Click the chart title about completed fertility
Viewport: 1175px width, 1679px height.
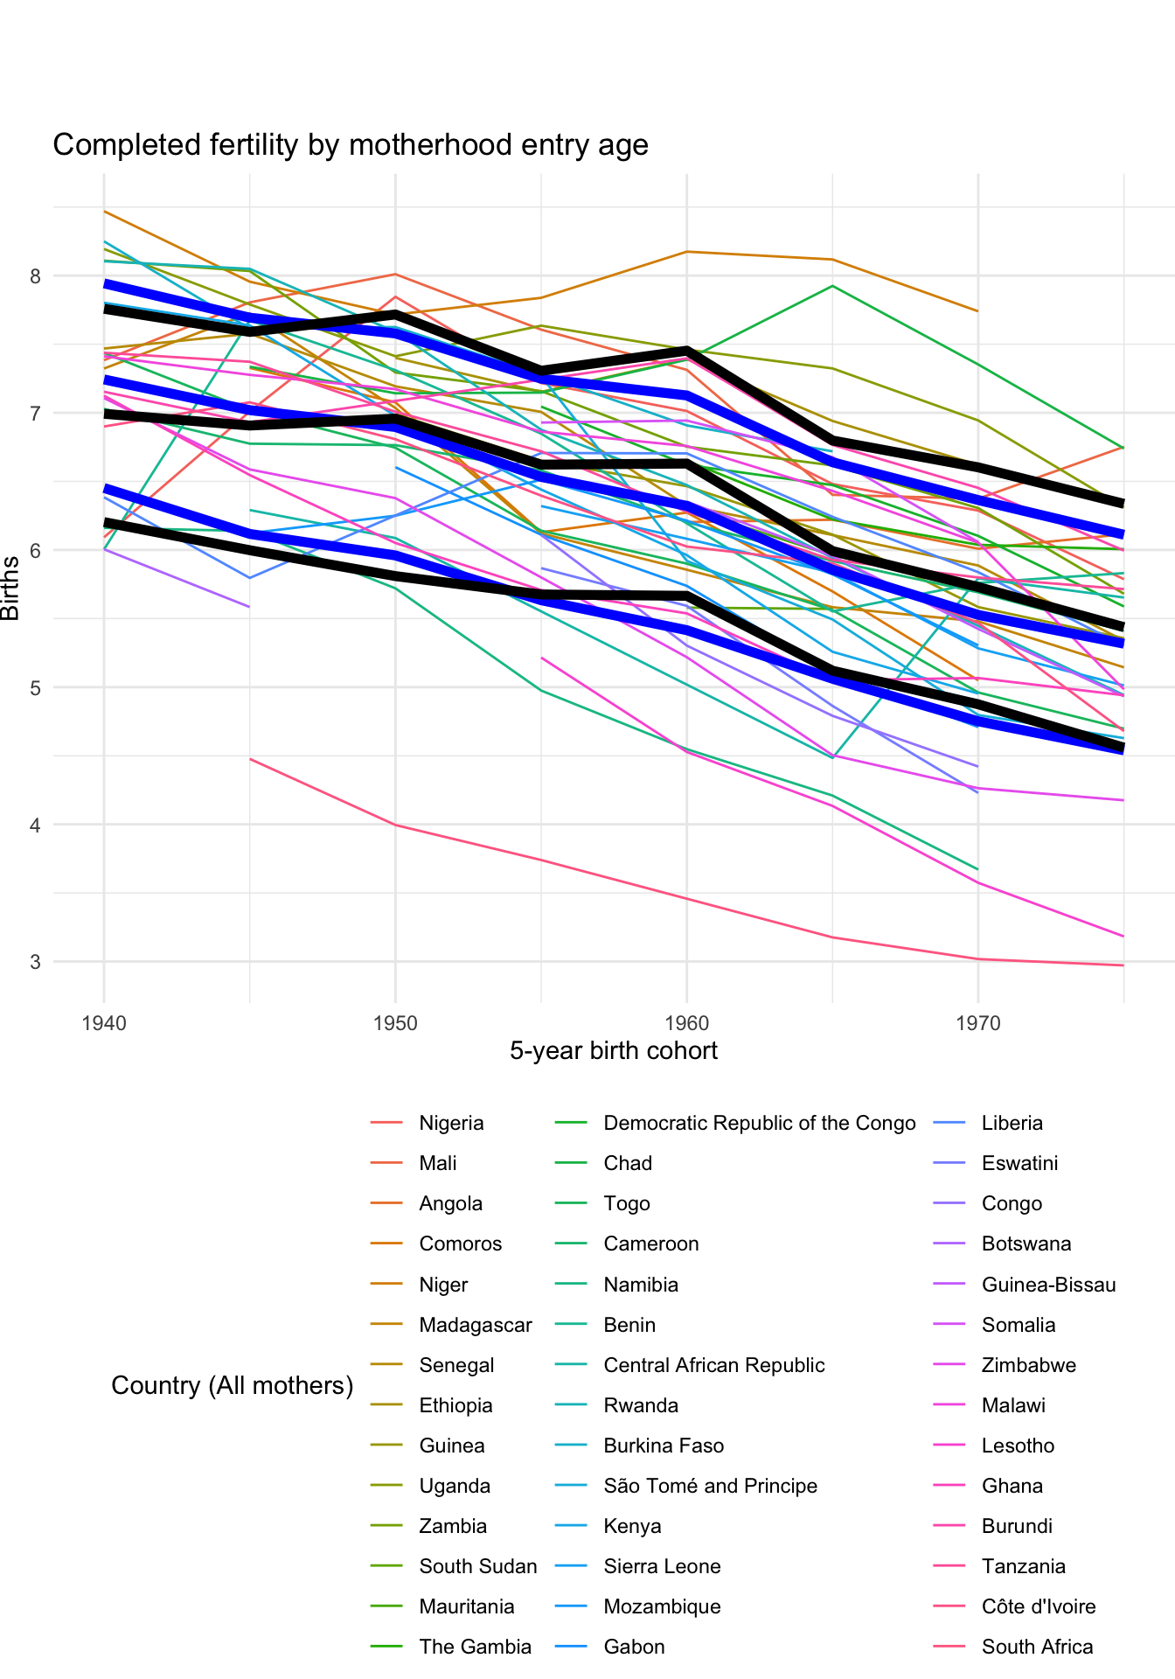coord(351,145)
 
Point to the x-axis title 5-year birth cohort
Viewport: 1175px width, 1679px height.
coord(614,1050)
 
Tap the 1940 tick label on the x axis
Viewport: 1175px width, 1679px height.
coord(104,1022)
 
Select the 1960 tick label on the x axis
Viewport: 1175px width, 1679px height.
coord(686,1022)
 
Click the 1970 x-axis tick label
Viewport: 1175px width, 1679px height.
coord(977,1022)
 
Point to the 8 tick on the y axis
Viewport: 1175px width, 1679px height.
coord(36,276)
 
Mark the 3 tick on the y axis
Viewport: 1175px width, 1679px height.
coord(36,962)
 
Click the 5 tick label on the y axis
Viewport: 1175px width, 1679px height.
coord(36,687)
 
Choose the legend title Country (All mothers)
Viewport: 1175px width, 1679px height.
coord(233,1385)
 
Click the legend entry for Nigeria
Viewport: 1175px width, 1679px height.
coord(451,1123)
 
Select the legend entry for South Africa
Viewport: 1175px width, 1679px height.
coord(1037,1647)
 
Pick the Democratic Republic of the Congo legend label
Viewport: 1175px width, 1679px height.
coord(759,1123)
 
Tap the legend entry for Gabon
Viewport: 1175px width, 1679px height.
coord(634,1647)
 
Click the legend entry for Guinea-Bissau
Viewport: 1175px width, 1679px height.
coord(1048,1285)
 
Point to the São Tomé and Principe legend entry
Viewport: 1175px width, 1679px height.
coord(710,1486)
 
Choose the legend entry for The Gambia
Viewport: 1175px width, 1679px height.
coord(475,1647)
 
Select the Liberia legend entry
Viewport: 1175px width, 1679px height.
coord(1012,1123)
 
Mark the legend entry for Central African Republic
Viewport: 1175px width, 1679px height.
coord(713,1365)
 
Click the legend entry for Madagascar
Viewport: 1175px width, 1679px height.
coord(475,1325)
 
